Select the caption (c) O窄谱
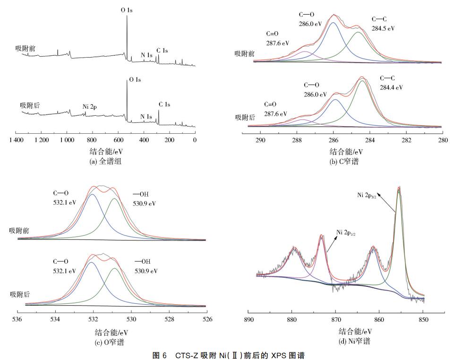click(109, 343)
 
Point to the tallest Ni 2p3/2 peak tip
click(399, 188)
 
